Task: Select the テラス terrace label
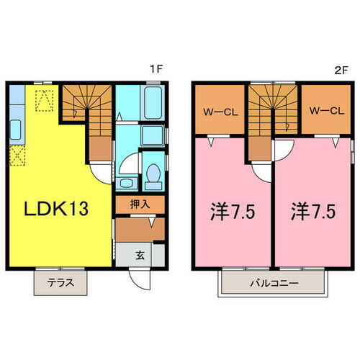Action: point(59,283)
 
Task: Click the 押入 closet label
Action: point(140,204)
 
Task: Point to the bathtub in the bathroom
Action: point(153,102)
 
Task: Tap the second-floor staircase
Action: point(273,108)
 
